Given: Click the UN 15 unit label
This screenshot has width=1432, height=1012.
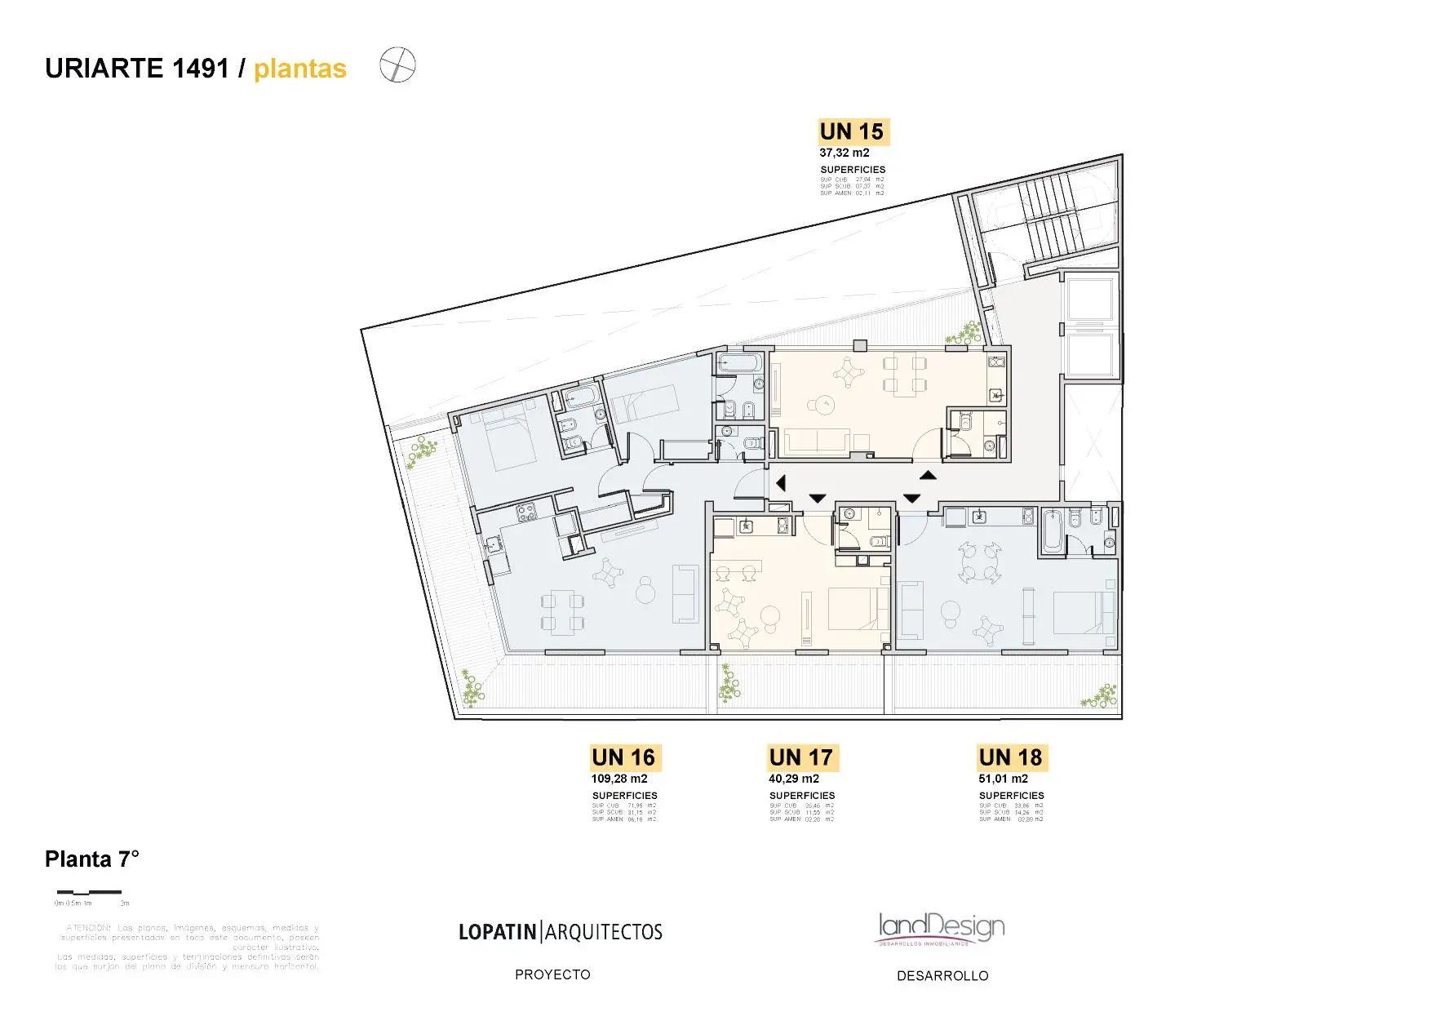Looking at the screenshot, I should coord(852,131).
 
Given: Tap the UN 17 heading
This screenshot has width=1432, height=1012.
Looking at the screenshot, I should coord(801,757).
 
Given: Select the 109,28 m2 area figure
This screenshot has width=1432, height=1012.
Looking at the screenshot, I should coord(619,779).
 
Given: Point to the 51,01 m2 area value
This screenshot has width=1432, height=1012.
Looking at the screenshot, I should coord(1003,779).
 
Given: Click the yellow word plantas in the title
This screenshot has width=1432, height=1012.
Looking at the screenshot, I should coord(300,69).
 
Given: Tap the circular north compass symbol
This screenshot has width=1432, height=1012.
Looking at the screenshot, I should coord(397,64).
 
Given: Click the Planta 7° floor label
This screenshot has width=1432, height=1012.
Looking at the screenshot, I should coord(92,859).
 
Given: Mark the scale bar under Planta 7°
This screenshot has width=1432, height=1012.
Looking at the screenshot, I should coord(89,892).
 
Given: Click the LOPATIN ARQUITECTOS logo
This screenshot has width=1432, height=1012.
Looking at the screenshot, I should coord(561,932).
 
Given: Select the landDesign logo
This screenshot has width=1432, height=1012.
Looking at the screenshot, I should coord(941,928).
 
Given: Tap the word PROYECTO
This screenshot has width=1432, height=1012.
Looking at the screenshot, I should coord(552,974).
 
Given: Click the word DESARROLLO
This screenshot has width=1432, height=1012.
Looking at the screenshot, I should coord(942,975).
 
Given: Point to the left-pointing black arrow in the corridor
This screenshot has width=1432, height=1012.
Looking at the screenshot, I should coord(781,483).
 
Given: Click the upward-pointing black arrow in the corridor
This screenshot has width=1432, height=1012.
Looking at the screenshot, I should coord(928,475).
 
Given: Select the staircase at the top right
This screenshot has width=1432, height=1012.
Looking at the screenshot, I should coord(1049,215).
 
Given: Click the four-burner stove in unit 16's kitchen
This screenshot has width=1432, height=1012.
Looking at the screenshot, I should coord(526,513).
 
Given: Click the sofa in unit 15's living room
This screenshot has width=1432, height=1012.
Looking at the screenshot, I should coord(816,442).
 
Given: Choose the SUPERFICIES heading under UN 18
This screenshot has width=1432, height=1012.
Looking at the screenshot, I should coord(1011,796).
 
